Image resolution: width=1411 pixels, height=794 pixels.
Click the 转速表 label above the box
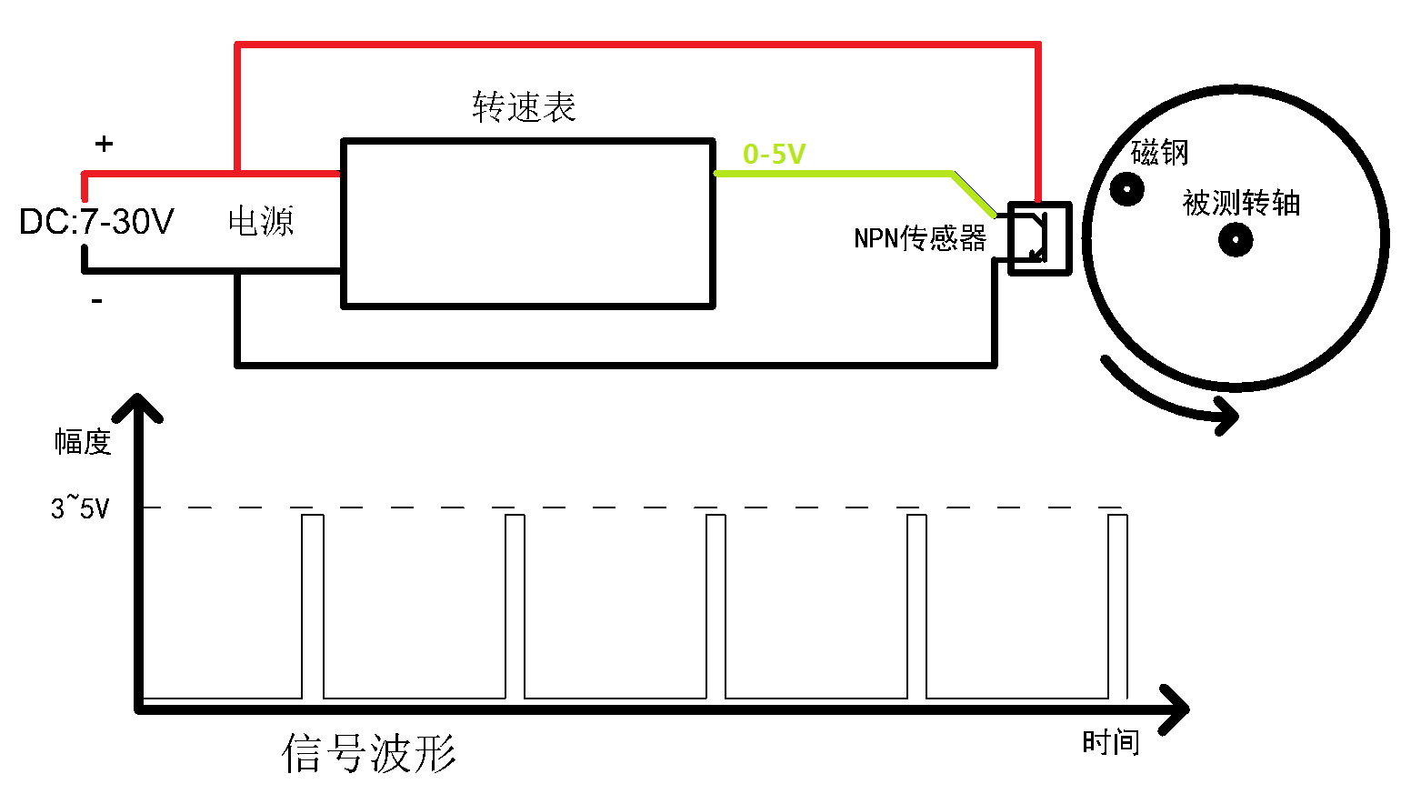(524, 106)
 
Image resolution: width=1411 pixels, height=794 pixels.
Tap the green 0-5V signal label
(775, 154)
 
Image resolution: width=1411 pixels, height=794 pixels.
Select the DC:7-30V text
(96, 221)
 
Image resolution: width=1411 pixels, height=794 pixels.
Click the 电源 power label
(261, 221)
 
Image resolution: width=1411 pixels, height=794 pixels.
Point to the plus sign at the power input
(104, 144)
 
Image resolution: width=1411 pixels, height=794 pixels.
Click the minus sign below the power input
(96, 301)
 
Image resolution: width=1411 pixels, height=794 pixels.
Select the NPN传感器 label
(920, 238)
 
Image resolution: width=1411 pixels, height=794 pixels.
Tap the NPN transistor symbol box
(1039, 239)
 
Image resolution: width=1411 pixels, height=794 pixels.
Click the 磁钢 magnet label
(1159, 153)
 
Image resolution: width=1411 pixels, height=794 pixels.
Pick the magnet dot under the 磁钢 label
(1126, 188)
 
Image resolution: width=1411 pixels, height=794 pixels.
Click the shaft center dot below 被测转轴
(1236, 240)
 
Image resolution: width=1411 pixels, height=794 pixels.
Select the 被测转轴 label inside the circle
(1241, 203)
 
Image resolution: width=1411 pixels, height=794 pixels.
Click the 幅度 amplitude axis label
(83, 441)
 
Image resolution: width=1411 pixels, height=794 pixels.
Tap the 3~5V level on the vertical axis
(80, 508)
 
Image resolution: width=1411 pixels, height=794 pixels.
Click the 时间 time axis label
(1111, 742)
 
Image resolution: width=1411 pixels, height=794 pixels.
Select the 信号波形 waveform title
(368, 752)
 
